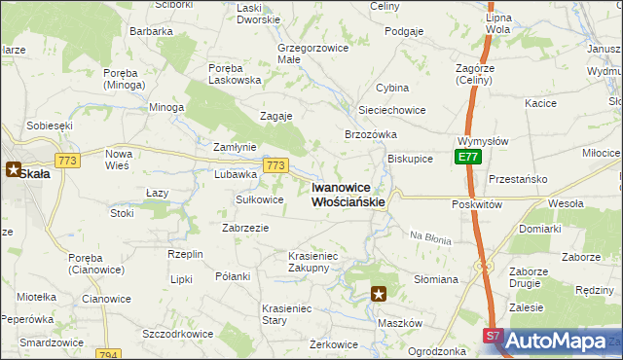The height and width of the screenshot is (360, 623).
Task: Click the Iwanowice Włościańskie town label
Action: coord(348,195)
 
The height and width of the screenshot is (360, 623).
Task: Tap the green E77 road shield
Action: coord(467,157)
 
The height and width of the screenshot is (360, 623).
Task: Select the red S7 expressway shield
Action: coord(494,336)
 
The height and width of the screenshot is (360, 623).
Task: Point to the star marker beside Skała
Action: coord(16,168)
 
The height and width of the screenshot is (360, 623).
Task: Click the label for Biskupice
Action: coord(410,158)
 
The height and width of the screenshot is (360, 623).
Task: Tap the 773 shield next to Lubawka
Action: coord(275,166)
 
